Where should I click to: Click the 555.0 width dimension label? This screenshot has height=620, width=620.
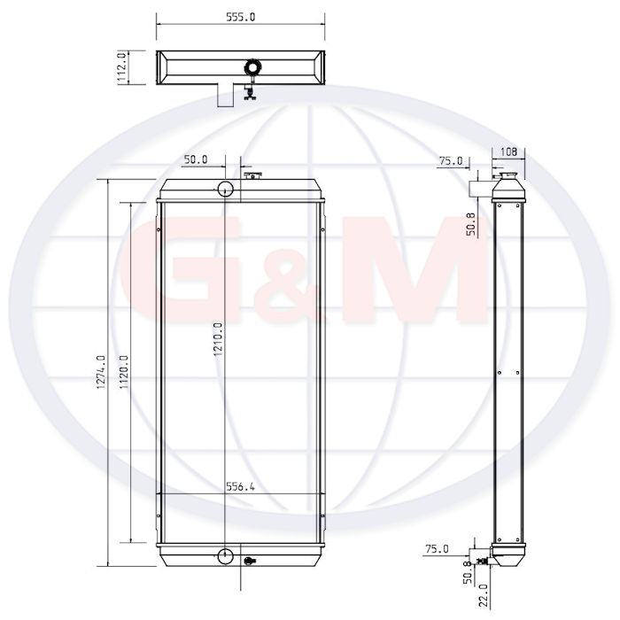tap(240, 17)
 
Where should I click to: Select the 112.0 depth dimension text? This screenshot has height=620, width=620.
tap(122, 67)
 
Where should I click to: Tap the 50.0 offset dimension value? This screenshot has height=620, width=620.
tap(196, 159)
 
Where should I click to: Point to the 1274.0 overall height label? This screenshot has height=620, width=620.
tap(101, 372)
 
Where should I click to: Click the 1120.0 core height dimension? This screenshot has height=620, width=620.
tap(124, 372)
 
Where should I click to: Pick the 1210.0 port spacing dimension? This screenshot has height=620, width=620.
tap(218, 339)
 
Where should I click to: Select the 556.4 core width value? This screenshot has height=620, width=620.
tap(240, 486)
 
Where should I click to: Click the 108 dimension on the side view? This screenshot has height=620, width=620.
tap(508, 151)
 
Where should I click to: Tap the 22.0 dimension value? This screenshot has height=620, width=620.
tap(484, 595)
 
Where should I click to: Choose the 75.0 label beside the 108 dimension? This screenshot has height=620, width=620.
tap(451, 161)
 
